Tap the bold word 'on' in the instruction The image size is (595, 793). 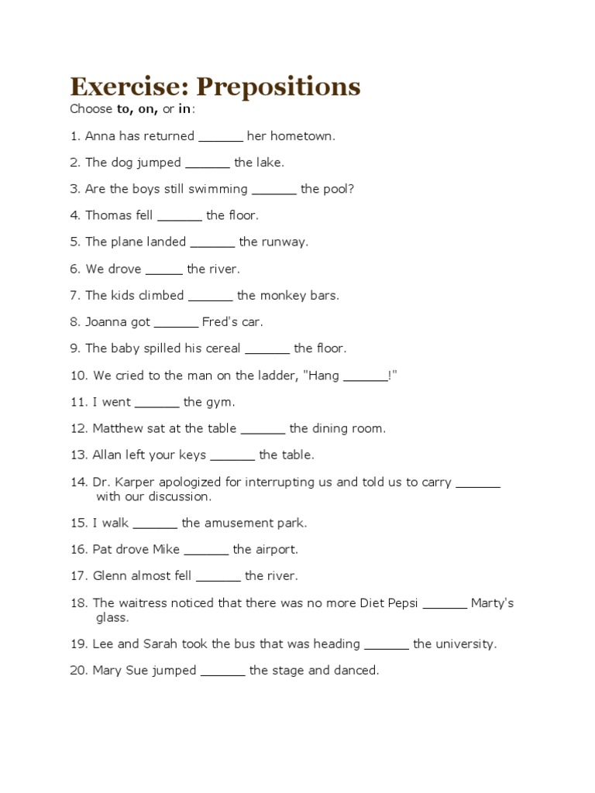tap(147, 109)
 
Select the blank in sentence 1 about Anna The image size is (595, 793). tap(221, 137)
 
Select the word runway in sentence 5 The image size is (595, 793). tap(283, 242)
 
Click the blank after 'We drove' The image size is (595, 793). tap(164, 269)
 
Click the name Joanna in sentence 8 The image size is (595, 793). tap(107, 321)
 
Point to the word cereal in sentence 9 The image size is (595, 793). tap(222, 348)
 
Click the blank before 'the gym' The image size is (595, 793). tap(157, 403)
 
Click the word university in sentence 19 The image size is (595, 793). tap(464, 644)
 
